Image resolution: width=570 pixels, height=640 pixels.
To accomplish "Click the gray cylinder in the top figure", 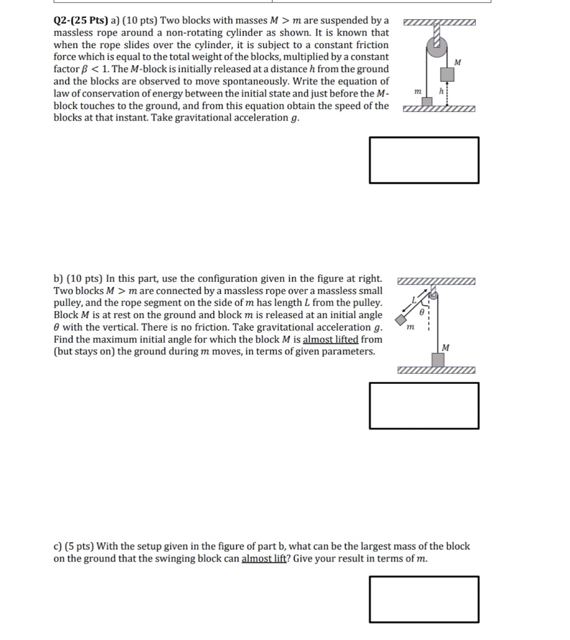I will pos(437,48).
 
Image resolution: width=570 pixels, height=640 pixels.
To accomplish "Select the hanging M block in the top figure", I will pos(447,74).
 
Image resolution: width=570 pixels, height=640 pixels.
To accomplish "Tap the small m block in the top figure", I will pos(428,102).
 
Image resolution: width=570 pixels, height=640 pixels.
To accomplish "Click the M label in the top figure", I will pos(458,62).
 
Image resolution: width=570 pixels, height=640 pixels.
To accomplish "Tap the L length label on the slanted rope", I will pos(414,299).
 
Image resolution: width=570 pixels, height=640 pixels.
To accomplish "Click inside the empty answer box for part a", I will pos(424,160).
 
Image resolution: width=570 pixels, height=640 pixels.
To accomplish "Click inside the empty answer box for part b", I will pos(424,405).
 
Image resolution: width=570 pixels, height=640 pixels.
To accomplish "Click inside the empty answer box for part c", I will pos(424,599).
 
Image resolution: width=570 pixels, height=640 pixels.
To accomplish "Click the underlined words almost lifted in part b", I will pos(330,340).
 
